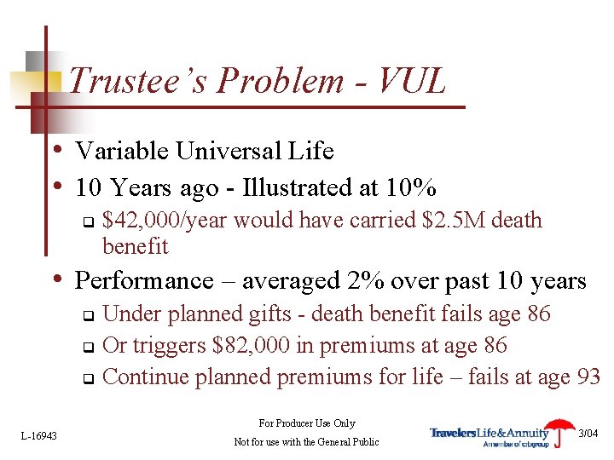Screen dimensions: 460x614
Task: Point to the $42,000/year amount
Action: click(x=165, y=221)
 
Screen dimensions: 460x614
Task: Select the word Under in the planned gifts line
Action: click(x=128, y=314)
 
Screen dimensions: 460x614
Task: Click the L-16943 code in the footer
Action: click(x=39, y=435)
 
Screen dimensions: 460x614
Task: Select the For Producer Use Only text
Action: click(x=306, y=423)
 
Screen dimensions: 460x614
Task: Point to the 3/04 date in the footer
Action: click(x=588, y=434)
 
